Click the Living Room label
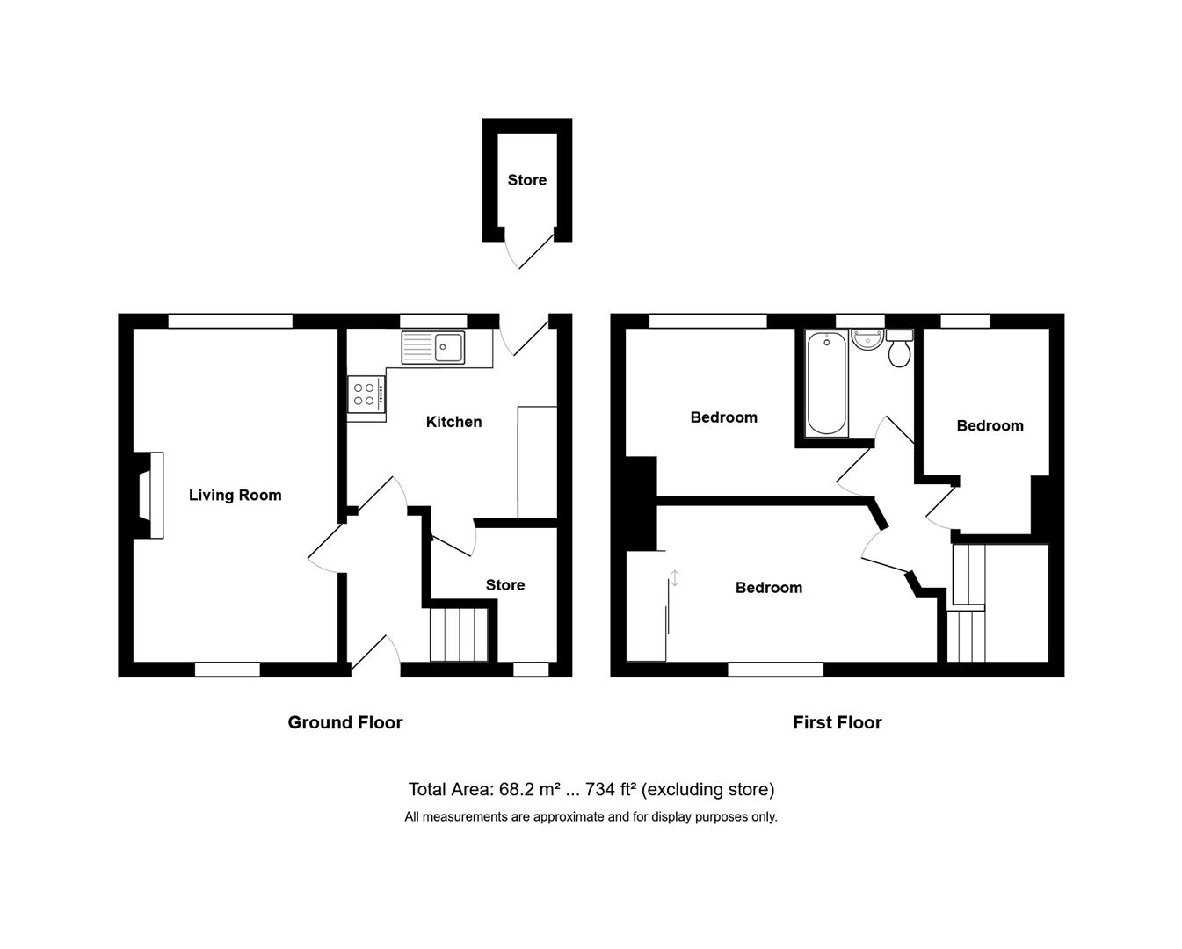coord(235,496)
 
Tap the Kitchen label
coord(453,422)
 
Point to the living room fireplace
coord(149,495)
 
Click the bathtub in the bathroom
coord(826,383)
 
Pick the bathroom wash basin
coord(867,340)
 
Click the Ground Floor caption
coord(344,722)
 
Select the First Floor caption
coord(837,722)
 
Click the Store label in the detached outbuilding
coord(527,180)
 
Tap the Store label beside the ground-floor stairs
coord(505,585)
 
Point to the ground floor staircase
coord(458,634)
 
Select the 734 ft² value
coord(611,789)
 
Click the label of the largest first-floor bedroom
coord(769,588)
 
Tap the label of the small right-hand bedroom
coord(990,426)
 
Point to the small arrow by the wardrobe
coord(675,578)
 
